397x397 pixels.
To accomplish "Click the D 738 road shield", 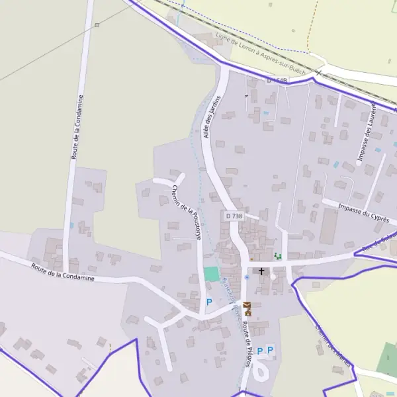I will [x=234, y=216].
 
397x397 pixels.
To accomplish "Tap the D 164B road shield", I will [x=278, y=80].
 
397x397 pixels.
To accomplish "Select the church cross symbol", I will [x=261, y=271].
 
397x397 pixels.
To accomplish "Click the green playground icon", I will [x=278, y=256].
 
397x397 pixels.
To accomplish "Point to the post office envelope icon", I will [x=247, y=304].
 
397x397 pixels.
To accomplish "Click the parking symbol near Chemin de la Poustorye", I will [x=209, y=302].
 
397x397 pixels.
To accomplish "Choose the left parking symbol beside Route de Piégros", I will [x=260, y=350].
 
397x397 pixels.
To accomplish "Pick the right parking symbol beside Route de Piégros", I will [x=270, y=350].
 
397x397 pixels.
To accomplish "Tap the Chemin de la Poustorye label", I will [x=187, y=210].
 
